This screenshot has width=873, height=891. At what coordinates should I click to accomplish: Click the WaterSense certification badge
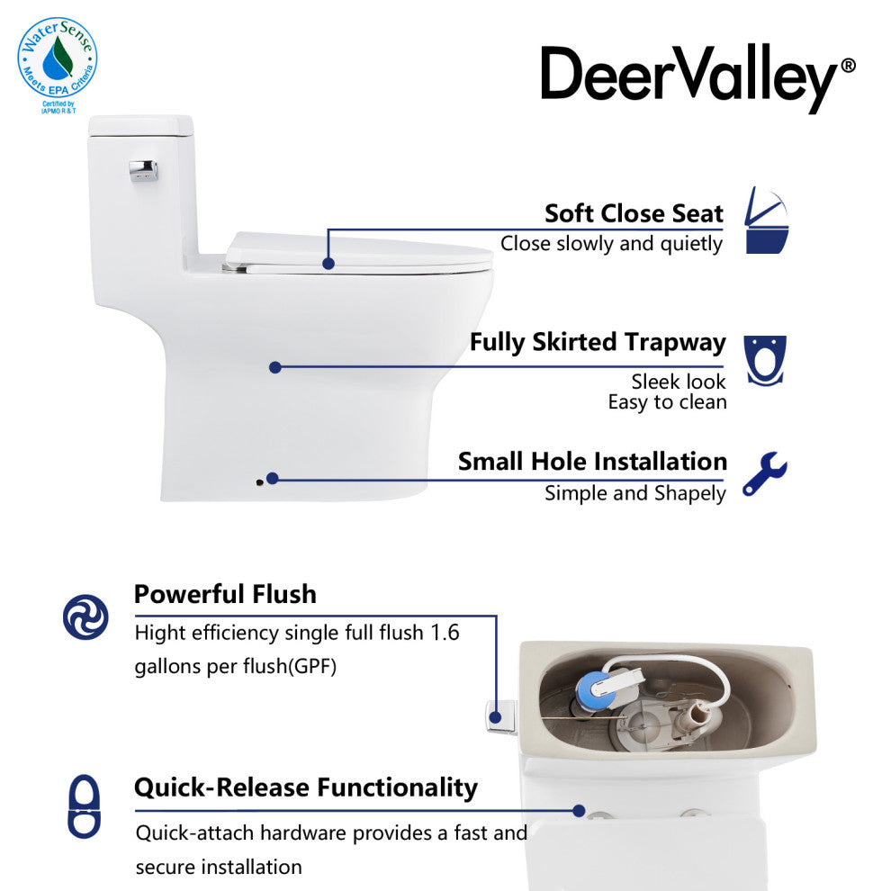pos(57,61)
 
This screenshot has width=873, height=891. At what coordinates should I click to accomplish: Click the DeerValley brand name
pos(688,76)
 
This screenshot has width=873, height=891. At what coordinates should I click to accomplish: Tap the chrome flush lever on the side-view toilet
pos(144,169)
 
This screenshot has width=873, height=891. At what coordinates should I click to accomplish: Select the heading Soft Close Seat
pos(634,213)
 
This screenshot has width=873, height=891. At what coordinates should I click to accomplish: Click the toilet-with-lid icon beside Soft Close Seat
pos(767,220)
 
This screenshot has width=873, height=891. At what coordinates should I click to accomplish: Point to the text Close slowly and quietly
pos(611,243)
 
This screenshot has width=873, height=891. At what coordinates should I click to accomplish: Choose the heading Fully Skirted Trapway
pos(597,342)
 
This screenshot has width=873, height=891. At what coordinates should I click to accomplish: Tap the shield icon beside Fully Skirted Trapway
pos(765,360)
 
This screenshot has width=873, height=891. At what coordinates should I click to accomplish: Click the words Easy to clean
pos(667,402)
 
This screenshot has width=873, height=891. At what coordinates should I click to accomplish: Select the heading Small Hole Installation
pos(592,461)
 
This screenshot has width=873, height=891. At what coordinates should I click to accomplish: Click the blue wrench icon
pos(765,475)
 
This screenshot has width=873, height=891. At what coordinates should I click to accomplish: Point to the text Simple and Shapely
pos(634,493)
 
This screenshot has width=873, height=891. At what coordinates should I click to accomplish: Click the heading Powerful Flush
pos(225,594)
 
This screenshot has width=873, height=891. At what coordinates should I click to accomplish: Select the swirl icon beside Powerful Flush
pos(85,617)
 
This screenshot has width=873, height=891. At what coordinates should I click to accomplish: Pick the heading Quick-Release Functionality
pos(305,787)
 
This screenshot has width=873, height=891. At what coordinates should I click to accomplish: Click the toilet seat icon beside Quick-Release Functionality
pos(85,806)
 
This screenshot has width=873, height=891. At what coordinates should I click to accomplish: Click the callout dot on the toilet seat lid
pos(328,264)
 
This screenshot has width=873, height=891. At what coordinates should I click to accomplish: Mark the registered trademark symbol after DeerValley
pos(848,67)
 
